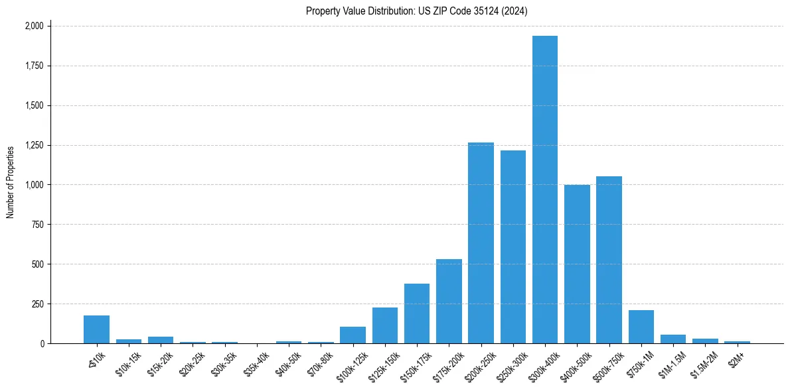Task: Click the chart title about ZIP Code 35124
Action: click(x=417, y=11)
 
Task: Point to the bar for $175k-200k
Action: click(x=449, y=301)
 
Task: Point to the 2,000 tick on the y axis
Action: click(x=34, y=26)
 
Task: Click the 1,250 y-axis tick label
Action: click(x=34, y=145)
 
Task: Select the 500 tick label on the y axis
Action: click(x=37, y=264)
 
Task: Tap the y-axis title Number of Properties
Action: click(x=11, y=182)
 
